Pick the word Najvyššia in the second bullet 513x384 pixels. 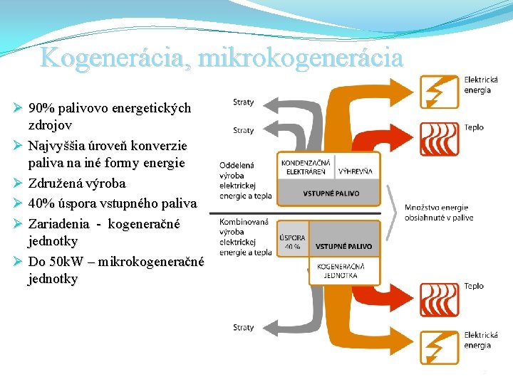(57, 146)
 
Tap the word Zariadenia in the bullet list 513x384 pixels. (58, 224)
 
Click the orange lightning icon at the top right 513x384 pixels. (440, 91)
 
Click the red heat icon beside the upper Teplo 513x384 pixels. (440, 138)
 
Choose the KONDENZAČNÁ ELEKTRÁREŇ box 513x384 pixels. (305, 167)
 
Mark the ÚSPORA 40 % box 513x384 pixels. (292, 242)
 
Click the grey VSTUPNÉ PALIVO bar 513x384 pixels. (331, 193)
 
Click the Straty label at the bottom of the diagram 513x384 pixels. (243, 328)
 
